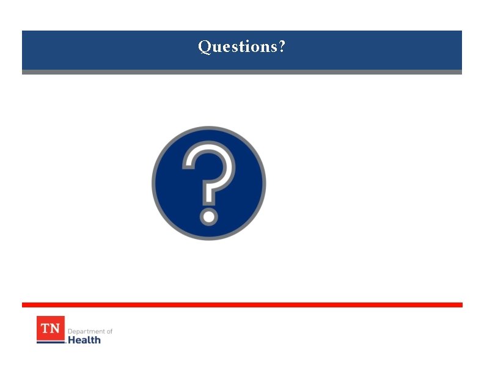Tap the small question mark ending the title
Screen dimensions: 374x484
point(281,46)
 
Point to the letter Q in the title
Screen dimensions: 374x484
point(204,47)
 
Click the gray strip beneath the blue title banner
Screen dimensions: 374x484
point(242,72)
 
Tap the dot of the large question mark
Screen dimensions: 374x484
point(208,216)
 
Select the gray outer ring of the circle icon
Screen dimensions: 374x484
point(154,183)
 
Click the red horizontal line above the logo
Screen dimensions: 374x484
point(242,304)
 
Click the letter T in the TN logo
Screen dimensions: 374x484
point(45,328)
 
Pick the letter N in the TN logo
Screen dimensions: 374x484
point(56,328)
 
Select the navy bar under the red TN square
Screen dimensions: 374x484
point(50,342)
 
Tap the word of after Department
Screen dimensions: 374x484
point(109,331)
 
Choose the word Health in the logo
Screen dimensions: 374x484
point(84,340)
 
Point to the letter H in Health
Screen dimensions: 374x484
point(71,340)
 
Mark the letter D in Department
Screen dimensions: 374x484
point(70,331)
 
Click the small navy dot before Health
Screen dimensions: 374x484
point(65,342)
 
